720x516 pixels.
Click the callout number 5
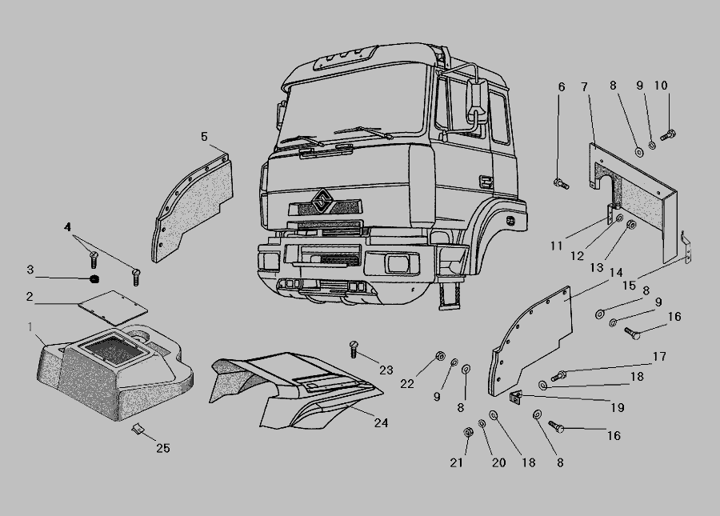click(x=204, y=136)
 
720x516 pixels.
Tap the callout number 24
click(x=381, y=422)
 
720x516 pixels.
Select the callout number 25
click(x=163, y=448)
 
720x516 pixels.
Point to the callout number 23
click(x=386, y=370)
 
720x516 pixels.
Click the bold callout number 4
click(x=67, y=226)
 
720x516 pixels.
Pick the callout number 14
click(x=616, y=273)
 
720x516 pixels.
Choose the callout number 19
click(x=618, y=407)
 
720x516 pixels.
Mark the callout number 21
click(x=456, y=462)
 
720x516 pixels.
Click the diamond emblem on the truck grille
click(x=324, y=200)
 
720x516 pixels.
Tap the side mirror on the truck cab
click(x=477, y=102)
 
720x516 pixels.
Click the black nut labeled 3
click(x=94, y=278)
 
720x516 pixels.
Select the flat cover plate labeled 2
click(x=113, y=307)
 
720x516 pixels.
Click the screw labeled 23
click(x=353, y=349)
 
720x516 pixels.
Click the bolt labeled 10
click(x=668, y=135)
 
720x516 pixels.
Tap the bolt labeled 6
click(x=561, y=184)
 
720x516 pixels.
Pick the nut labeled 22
click(x=439, y=356)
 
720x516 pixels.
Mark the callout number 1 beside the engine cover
click(x=30, y=327)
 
